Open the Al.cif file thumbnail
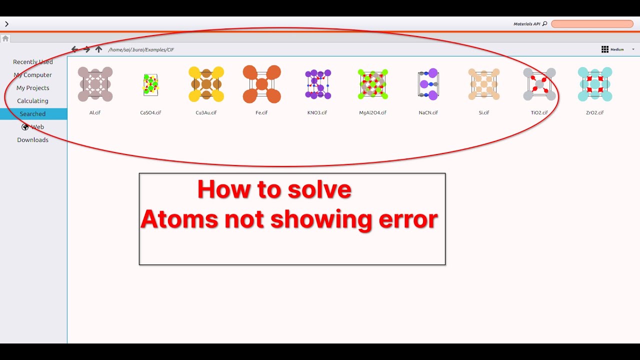[95, 84]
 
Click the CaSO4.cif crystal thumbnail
[150, 85]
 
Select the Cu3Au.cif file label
[206, 112]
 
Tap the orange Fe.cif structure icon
[261, 84]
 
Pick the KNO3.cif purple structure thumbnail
[317, 84]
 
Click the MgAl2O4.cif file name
[372, 112]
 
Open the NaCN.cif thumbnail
[428, 84]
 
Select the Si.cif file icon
[483, 84]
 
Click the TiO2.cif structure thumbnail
[539, 84]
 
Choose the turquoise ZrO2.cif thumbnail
[595, 84]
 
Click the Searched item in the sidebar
[32, 113]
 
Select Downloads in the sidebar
[32, 139]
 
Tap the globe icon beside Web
[25, 127]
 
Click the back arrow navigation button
[74, 49]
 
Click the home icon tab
[5, 38]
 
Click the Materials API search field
[592, 24]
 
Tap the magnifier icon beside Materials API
[544, 23]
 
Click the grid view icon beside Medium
[605, 49]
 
